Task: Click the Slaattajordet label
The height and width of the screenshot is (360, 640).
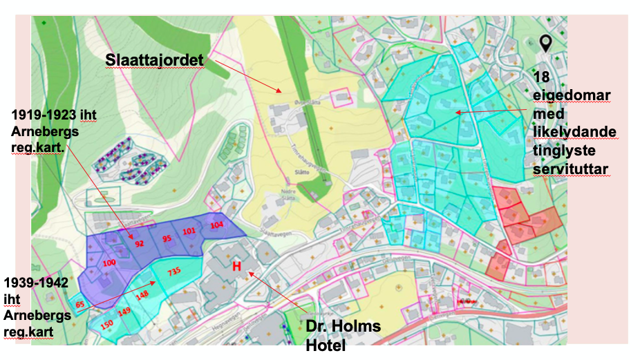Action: [154, 61]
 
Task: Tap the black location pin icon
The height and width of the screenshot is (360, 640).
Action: [545, 44]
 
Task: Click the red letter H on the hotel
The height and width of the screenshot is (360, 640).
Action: [236, 266]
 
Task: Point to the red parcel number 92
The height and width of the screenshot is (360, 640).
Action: [139, 243]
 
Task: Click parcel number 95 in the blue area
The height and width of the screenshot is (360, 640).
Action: [167, 238]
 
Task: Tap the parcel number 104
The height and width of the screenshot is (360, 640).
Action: [217, 225]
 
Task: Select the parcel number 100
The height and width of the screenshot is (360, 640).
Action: [109, 263]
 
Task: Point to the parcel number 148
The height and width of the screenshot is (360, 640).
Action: [142, 295]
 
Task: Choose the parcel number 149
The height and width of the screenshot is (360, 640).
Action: [124, 312]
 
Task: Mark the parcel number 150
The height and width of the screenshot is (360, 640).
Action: [106, 324]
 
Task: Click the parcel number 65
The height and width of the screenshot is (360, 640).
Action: [79, 304]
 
